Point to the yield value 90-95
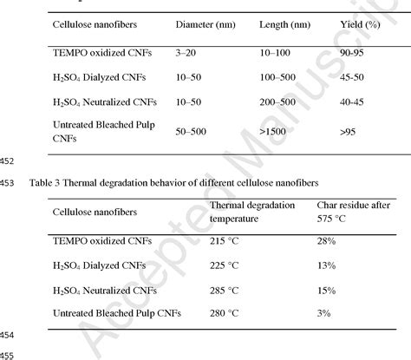(x=353, y=54)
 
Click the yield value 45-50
(x=353, y=78)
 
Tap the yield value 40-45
(x=353, y=102)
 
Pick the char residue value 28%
(x=327, y=238)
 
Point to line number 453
(x=10, y=182)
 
